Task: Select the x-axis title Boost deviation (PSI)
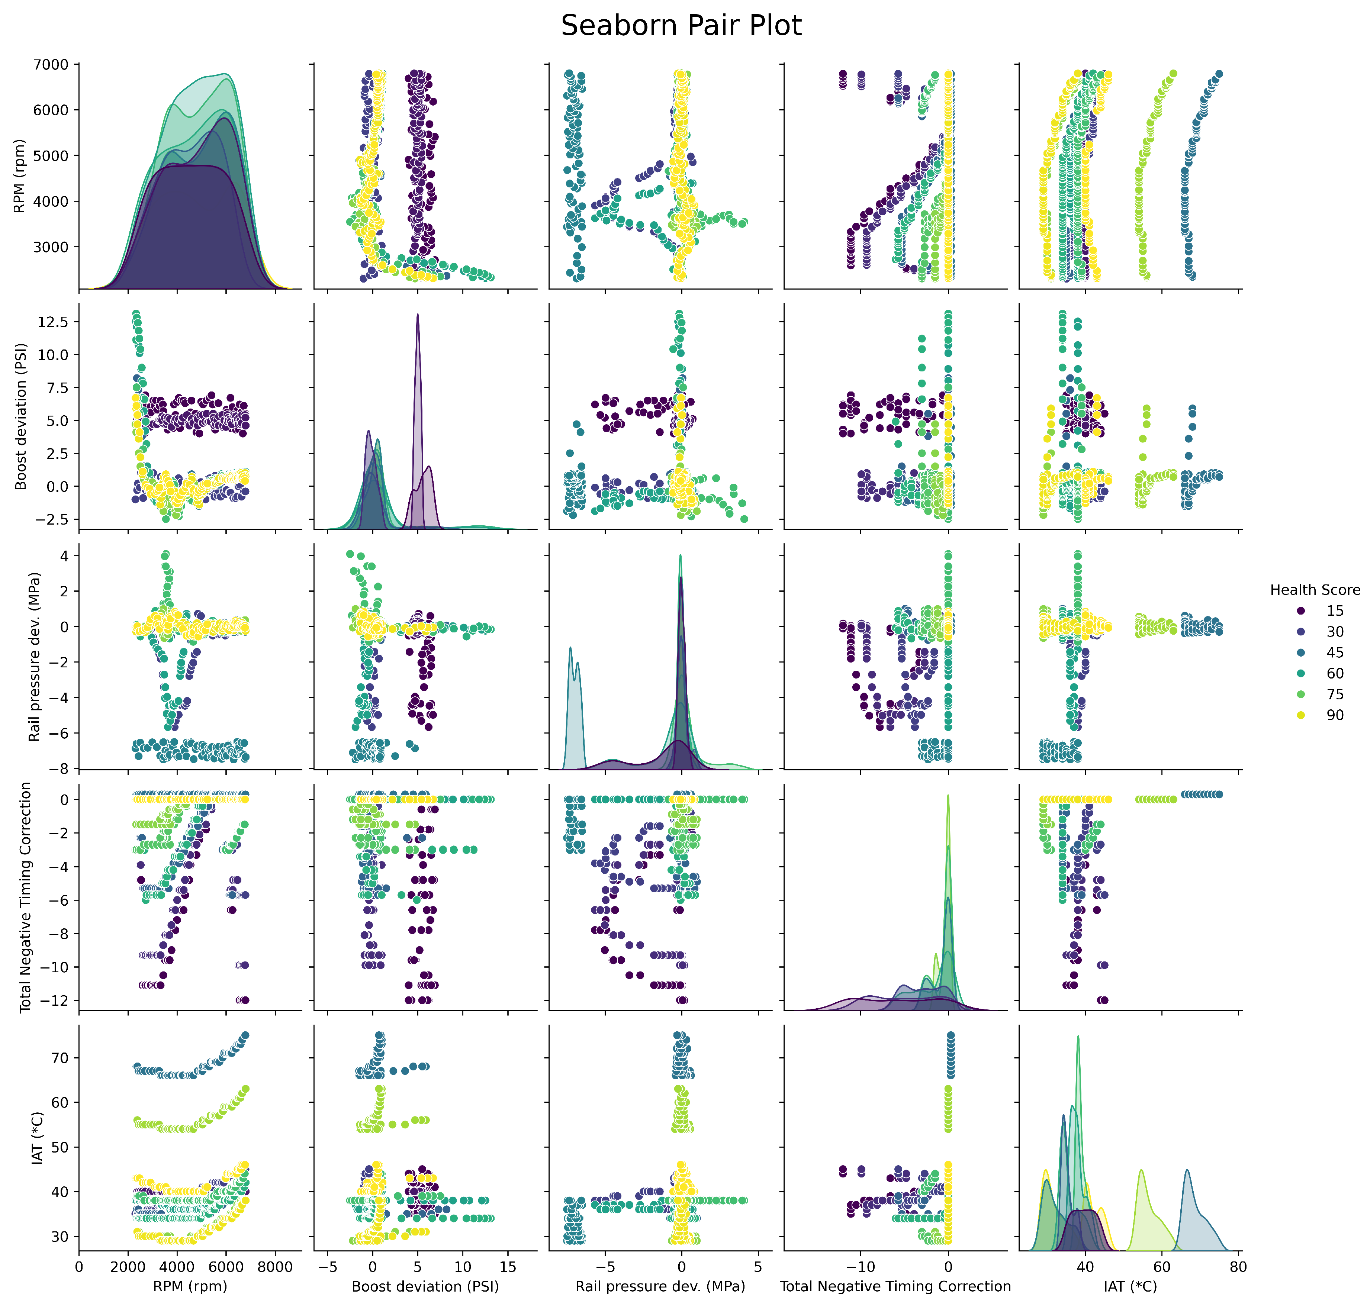coord(425,1286)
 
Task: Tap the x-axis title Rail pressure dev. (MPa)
coord(660,1286)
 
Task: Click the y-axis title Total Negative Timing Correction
coord(26,897)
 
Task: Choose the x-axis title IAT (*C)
coord(1130,1286)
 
